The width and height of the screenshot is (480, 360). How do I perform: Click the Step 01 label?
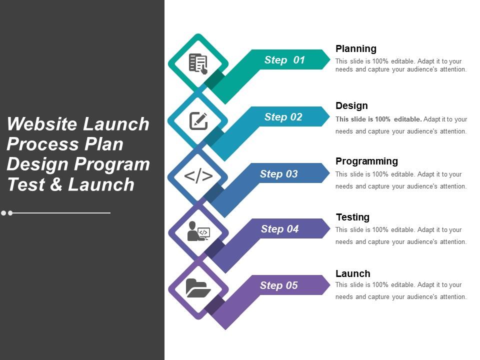[x=284, y=59]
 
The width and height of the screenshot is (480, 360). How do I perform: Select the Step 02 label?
[x=283, y=116]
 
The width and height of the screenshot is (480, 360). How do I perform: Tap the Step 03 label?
[x=278, y=173]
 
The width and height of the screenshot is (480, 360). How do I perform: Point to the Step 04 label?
[x=279, y=228]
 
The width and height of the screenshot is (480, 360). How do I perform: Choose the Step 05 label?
[x=278, y=285]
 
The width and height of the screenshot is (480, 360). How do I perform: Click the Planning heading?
[x=355, y=48]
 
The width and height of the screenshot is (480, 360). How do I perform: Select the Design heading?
[x=351, y=105]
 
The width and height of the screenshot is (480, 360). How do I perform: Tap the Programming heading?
[x=366, y=161]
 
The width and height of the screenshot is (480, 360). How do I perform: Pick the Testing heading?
[x=352, y=217]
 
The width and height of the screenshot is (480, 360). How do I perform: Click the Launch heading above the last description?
[x=352, y=273]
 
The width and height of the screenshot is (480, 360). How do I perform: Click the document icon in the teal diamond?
[x=198, y=63]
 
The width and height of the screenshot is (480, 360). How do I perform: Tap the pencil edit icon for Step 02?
[x=198, y=121]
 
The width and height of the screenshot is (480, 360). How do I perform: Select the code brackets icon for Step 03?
[x=198, y=176]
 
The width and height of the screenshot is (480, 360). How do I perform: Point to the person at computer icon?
[x=198, y=231]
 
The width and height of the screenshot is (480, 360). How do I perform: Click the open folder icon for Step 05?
[x=198, y=288]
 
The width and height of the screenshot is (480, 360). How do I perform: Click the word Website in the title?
[x=41, y=124]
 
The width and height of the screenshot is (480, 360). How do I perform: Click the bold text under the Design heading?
[x=378, y=119]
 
